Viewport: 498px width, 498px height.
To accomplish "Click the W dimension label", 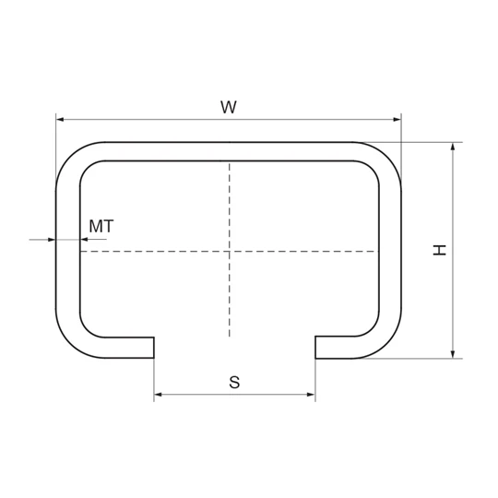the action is (229, 107).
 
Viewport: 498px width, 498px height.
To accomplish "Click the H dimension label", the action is (440, 250).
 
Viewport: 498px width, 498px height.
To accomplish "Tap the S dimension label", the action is (234, 382).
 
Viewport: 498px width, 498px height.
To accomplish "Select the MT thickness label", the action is (101, 226).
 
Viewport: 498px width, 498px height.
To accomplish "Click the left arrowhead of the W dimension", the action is (60, 119).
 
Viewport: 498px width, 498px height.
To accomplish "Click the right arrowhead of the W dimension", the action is (397, 119).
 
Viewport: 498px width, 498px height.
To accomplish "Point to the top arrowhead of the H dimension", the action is (453, 147).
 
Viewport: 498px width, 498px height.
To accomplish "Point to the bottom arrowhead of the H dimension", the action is (453, 354).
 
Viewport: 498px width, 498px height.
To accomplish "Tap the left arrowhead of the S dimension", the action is (159, 395).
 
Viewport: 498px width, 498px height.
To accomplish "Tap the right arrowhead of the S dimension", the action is (311, 395).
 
